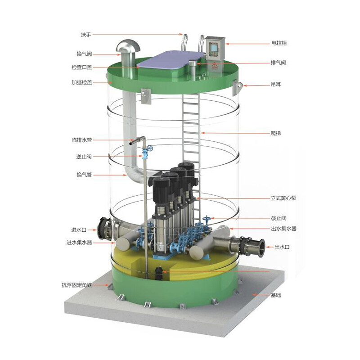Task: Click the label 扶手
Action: [85, 34]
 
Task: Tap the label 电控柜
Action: [279, 43]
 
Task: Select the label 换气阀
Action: [84, 54]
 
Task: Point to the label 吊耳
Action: [276, 84]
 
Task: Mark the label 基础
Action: [276, 295]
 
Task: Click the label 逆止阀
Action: [84, 157]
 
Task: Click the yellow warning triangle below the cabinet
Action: [215, 66]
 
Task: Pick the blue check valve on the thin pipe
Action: [144, 155]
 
